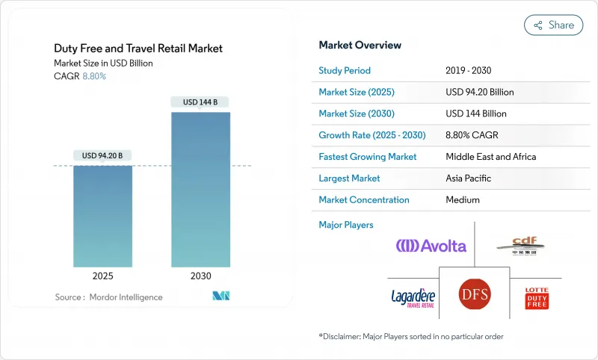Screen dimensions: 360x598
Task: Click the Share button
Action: (x=553, y=25)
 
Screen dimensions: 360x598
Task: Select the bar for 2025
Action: (x=103, y=216)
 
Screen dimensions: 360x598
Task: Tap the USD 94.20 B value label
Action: (x=103, y=155)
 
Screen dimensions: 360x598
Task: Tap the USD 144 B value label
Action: (x=200, y=102)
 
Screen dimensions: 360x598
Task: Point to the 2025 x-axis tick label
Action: (x=103, y=276)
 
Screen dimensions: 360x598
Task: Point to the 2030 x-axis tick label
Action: (x=200, y=276)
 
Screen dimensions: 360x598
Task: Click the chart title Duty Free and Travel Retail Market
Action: (x=138, y=49)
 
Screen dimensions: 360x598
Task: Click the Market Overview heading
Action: (x=360, y=45)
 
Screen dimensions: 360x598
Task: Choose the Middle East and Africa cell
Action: (x=490, y=157)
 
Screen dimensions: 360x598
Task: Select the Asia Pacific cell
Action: (x=471, y=179)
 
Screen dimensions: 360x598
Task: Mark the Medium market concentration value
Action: (x=463, y=200)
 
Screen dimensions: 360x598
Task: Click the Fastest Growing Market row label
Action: (x=368, y=157)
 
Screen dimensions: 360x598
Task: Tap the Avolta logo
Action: (x=431, y=246)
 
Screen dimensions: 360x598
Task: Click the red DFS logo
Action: (x=473, y=294)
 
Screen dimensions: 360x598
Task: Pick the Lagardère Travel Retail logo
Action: (x=412, y=298)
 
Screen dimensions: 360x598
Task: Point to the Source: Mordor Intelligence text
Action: (x=108, y=297)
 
